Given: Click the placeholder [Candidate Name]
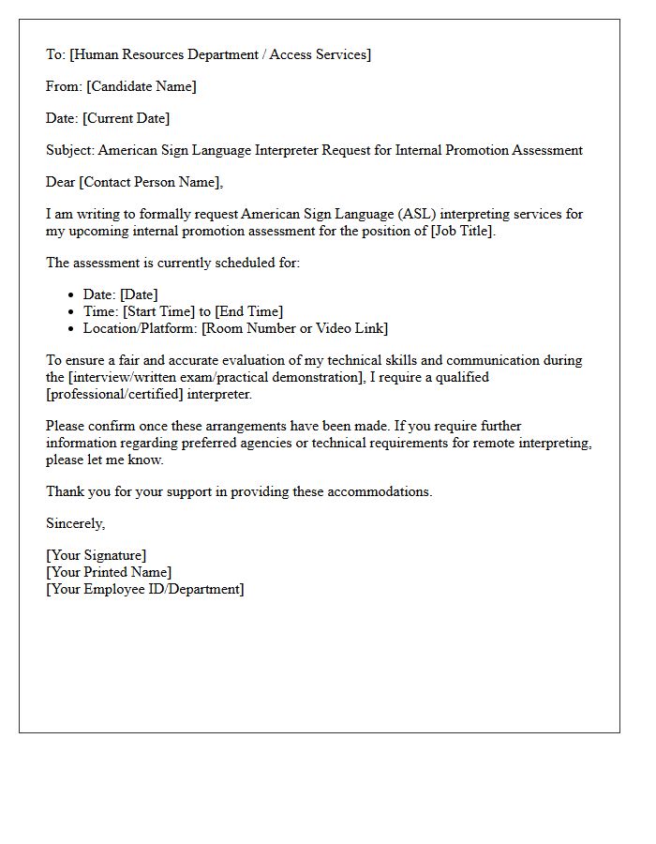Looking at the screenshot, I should [x=142, y=86].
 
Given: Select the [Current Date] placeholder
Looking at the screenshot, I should [x=127, y=118].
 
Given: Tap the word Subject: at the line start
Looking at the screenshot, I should [x=70, y=150].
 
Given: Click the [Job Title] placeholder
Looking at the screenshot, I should [x=461, y=231].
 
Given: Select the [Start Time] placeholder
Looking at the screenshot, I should [x=158, y=311].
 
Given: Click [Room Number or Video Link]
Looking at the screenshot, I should [x=294, y=328].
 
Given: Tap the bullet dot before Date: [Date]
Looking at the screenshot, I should [x=71, y=295].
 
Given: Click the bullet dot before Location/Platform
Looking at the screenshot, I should [x=71, y=329].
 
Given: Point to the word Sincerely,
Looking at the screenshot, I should [x=76, y=523].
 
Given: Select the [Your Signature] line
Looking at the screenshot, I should [x=97, y=555].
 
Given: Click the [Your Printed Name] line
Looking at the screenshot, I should [x=109, y=572].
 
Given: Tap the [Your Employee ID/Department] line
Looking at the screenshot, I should [x=145, y=589].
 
